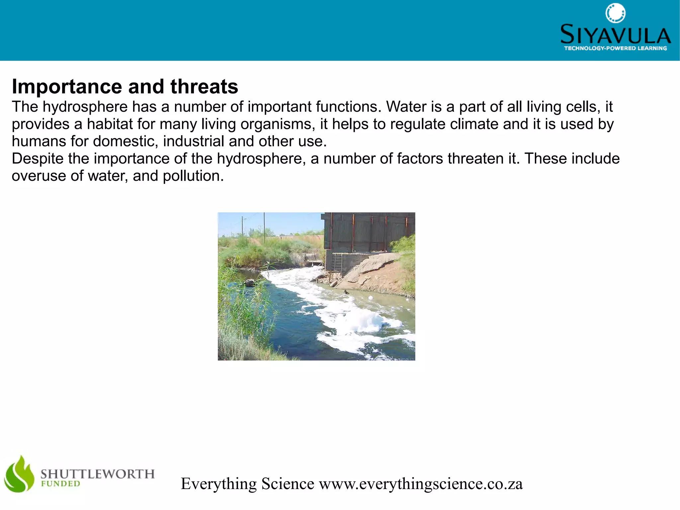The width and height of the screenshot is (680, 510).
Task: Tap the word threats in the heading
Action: coord(204,87)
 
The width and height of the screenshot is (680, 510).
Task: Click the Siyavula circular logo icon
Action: coord(615,13)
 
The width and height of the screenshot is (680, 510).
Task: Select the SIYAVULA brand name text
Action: coord(615,35)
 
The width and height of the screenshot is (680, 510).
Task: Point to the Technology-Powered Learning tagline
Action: coord(615,49)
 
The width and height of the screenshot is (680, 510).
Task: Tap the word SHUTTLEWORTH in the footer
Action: coord(98,474)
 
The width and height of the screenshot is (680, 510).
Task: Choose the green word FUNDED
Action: coord(60,484)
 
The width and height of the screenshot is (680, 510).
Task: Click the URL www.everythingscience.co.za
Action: coord(421,484)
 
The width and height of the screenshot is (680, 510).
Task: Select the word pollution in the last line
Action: coord(193,176)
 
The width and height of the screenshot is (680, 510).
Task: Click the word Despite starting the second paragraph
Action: coord(38,159)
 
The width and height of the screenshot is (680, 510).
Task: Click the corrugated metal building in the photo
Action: coord(369,233)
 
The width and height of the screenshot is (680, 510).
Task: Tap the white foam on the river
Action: coord(352,319)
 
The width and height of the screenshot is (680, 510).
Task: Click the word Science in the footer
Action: coord(288,484)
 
